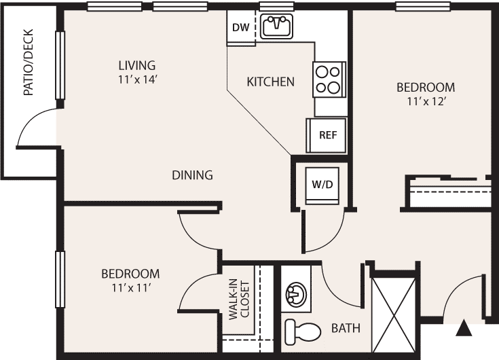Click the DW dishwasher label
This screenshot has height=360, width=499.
tap(240, 28)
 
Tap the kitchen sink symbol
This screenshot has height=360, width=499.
tap(277, 25)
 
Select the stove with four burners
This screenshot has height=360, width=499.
tap(329, 79)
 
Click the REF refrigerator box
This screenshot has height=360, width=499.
tap(327, 135)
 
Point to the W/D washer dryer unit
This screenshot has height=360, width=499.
tap(322, 185)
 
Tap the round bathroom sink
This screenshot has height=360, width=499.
tap(296, 293)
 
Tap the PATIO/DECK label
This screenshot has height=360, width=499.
tap(29, 62)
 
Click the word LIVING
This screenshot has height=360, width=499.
tap(137, 66)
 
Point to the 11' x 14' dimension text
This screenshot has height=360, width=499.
tap(137, 79)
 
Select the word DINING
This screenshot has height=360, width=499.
tap(192, 175)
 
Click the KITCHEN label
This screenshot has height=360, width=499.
tap(270, 82)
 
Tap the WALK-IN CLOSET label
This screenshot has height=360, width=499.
tap(240, 299)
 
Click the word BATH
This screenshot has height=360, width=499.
tap(346, 328)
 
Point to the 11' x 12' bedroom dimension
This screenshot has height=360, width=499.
tap(426, 101)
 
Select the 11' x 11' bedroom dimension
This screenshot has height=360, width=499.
tap(130, 288)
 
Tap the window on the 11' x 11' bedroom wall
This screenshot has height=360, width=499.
tap(60, 279)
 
